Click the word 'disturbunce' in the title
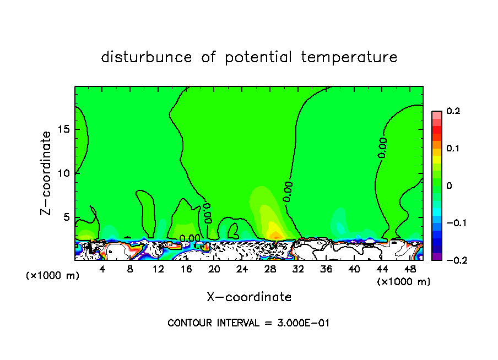coord(147,57)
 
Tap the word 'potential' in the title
coord(258,57)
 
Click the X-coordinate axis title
coord(249,297)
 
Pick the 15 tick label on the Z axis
coord(63,129)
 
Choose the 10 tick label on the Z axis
coord(63,173)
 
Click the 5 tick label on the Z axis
coord(66,217)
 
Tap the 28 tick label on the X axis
coord(270,269)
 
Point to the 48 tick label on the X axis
coord(410,269)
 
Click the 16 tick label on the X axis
coord(186,269)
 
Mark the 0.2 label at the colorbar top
coord(453,111)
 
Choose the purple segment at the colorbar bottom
coord(436,256)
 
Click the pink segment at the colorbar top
coord(436,114)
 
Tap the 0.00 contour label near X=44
coord(382,148)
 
